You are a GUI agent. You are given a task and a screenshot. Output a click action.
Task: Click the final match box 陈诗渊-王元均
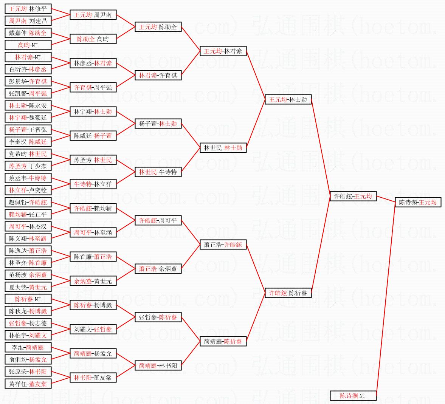418,202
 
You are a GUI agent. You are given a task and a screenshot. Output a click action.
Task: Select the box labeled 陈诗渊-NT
353,396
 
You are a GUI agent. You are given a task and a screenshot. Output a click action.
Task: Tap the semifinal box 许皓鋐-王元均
353,196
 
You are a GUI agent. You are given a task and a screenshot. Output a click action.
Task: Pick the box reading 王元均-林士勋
288,99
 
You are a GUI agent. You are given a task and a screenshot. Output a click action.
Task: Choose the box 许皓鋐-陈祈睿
288,293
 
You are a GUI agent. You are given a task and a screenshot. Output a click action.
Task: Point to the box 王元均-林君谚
223,51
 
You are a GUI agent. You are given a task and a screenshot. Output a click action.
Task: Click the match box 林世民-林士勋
223,148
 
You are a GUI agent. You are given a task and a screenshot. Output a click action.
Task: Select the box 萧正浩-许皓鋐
223,245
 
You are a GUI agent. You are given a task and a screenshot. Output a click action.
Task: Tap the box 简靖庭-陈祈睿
223,341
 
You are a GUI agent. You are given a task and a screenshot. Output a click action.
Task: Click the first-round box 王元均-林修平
28,9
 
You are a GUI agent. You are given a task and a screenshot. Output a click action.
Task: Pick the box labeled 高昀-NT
28,45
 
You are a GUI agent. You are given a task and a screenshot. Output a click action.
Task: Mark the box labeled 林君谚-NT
28,57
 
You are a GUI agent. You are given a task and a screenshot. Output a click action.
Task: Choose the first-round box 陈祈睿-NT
28,299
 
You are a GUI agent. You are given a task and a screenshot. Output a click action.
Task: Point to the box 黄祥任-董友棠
28,384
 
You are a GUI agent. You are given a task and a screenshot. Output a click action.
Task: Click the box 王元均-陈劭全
158,27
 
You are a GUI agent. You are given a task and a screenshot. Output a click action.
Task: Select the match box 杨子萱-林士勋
158,124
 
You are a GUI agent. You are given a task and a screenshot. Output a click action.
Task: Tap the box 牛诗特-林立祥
93,184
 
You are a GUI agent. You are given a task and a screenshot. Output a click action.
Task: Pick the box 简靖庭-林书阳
158,365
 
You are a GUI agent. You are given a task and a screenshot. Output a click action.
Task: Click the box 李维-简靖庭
28,347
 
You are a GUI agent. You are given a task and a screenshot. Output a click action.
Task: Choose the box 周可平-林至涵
93,232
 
